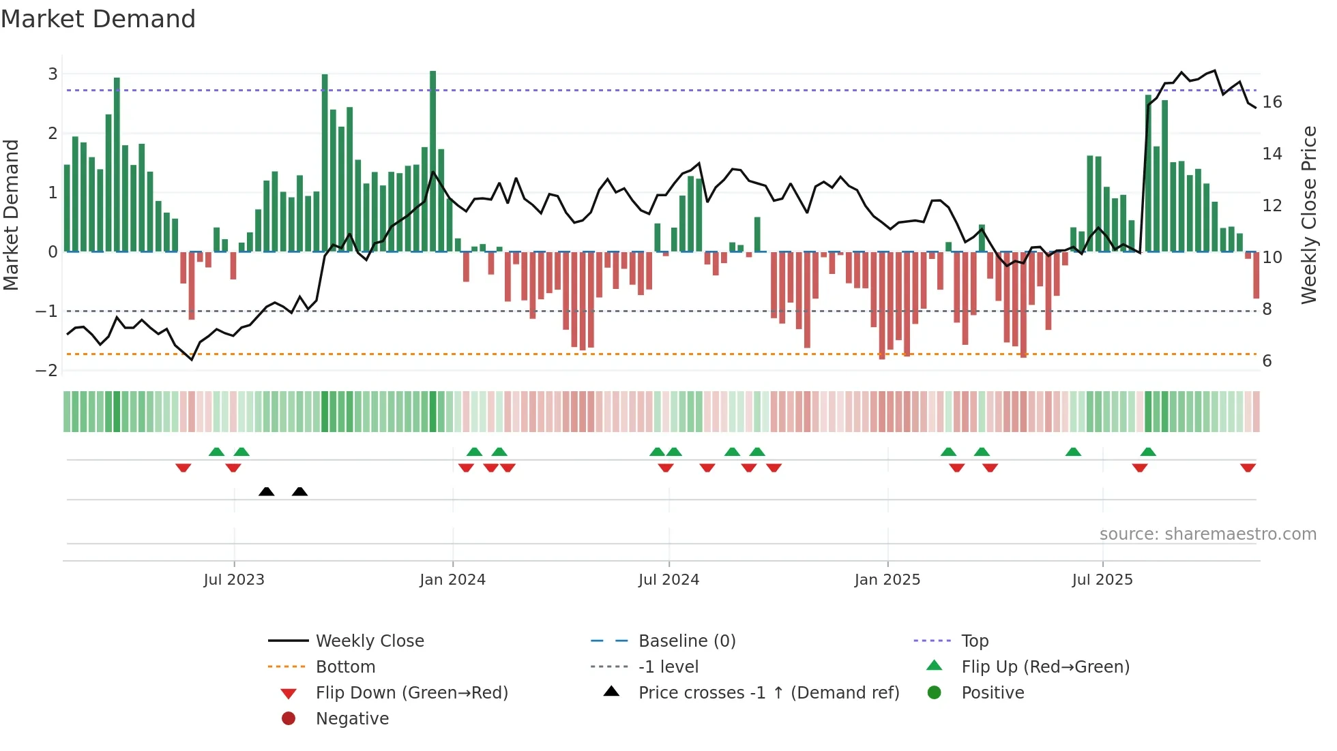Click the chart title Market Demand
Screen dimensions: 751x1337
(98, 19)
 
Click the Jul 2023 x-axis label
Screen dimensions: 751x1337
(234, 580)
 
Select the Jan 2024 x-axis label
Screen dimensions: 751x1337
(452, 580)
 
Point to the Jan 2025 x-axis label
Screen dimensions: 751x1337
(887, 580)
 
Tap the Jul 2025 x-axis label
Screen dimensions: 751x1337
(1102, 580)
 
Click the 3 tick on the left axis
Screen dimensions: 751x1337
(53, 74)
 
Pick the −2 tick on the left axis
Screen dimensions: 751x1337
(47, 371)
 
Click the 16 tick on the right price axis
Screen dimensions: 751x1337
(1272, 102)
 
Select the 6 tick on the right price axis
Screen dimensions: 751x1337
(1267, 361)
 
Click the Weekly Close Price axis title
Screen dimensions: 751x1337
(1308, 215)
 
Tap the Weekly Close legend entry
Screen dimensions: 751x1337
(369, 641)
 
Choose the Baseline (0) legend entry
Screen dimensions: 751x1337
(686, 641)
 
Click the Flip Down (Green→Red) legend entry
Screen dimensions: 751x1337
(411, 693)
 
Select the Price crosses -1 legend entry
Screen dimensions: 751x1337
(768, 693)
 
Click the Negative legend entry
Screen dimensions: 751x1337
(352, 719)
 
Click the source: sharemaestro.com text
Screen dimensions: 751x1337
(1207, 534)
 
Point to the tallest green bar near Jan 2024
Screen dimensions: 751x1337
(433, 161)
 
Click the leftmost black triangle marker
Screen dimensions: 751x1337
(267, 492)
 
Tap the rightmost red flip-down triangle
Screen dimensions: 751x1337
(1248, 468)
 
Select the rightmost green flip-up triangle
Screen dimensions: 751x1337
(1148, 452)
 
